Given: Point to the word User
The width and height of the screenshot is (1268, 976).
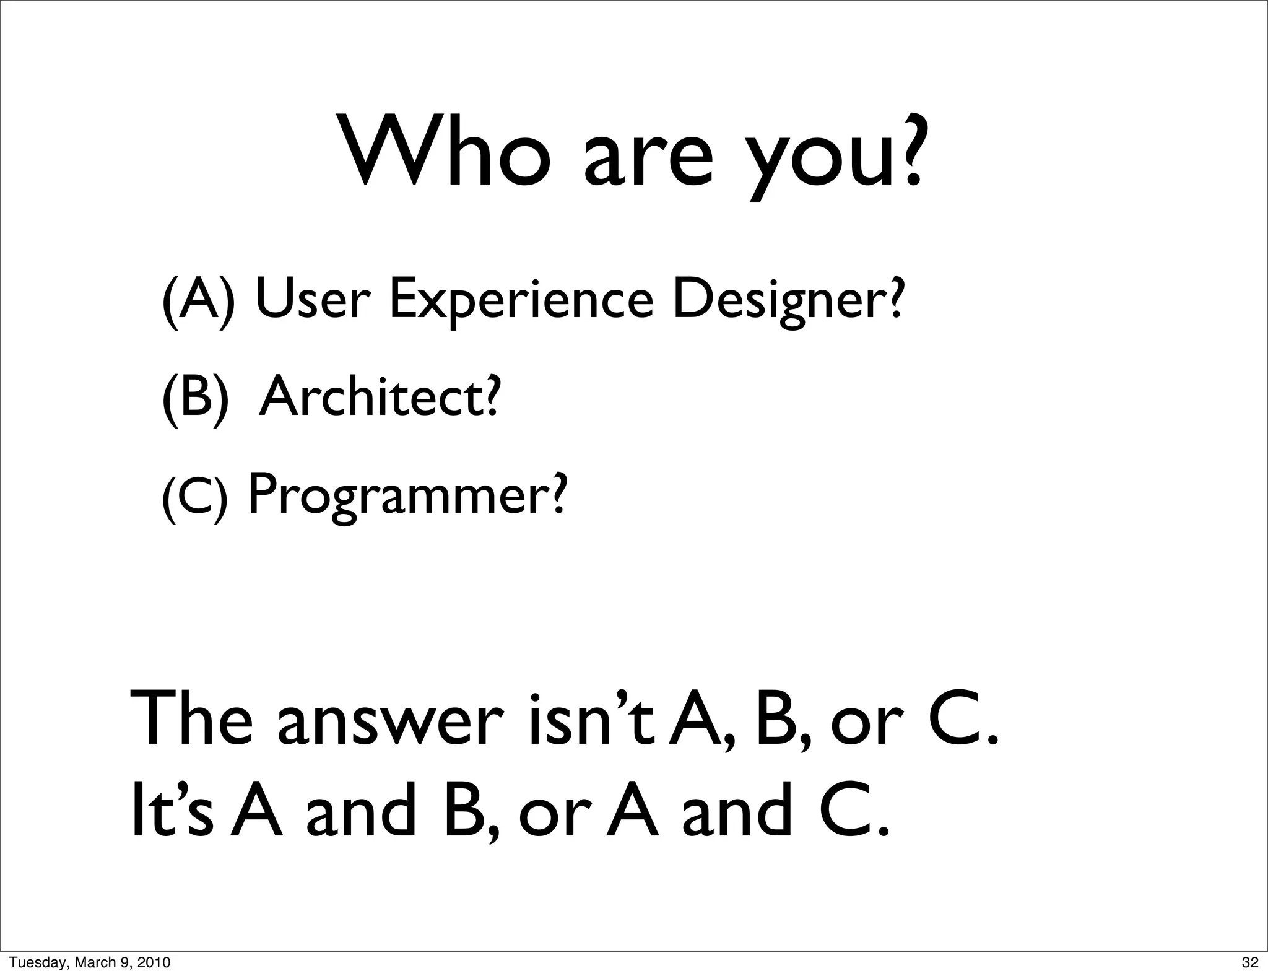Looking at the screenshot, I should (313, 298).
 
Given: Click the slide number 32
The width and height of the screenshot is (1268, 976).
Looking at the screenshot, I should (1250, 962).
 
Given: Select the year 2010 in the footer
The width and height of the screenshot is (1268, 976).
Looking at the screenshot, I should (154, 962).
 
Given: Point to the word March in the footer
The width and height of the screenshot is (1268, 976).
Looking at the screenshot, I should (93, 962).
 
